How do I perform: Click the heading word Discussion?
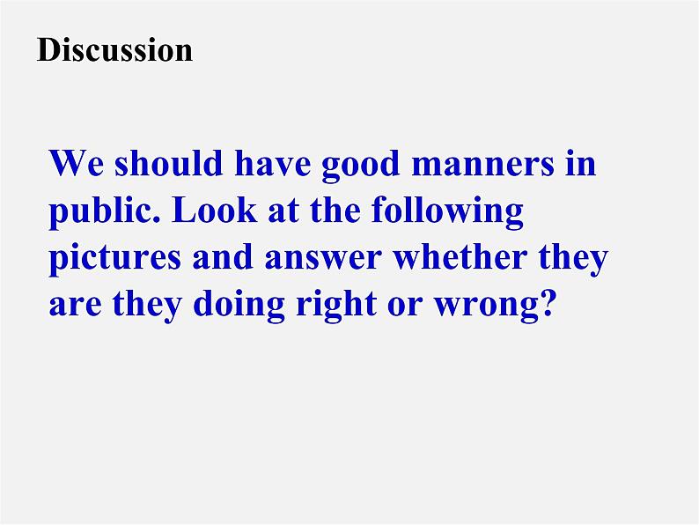pos(114,49)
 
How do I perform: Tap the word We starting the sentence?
pos(77,163)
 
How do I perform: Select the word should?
pos(168,162)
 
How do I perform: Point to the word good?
pos(361,166)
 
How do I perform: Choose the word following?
pos(447,212)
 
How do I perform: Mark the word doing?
pos(239,305)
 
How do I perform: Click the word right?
pos(336,305)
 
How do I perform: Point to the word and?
pos(223,255)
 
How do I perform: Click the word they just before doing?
pos(147,305)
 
